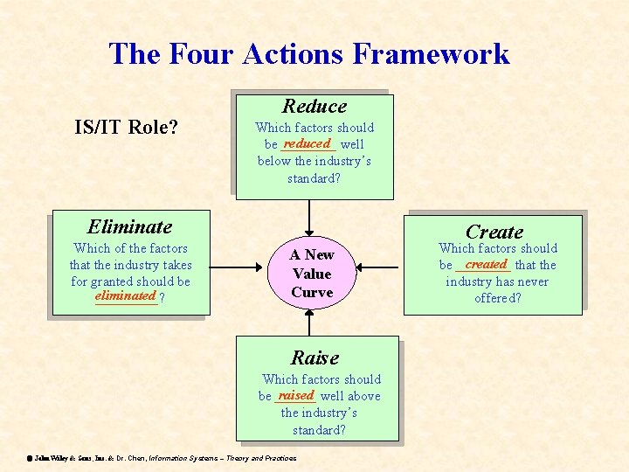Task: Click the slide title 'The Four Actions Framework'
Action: pyautogui.click(x=308, y=54)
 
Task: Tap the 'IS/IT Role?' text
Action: pyautogui.click(x=126, y=128)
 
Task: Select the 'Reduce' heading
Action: pyautogui.click(x=314, y=107)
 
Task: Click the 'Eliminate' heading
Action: pyautogui.click(x=130, y=226)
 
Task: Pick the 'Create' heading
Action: pyautogui.click(x=494, y=232)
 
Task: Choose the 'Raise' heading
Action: pyautogui.click(x=314, y=357)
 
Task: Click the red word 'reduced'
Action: pyautogui.click(x=307, y=143)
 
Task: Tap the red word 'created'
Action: pyautogui.click(x=486, y=264)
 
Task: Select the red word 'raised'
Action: pyautogui.click(x=294, y=395)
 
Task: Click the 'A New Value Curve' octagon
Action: pyautogui.click(x=312, y=273)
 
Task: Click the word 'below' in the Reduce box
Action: pyautogui.click(x=274, y=161)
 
